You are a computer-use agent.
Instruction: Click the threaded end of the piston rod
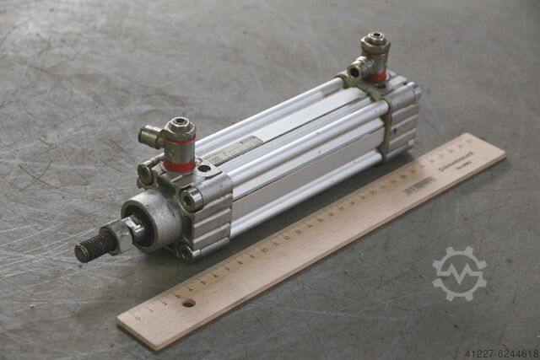pyautogui.click(x=92, y=248)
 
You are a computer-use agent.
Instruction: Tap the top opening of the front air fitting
pyautogui.click(x=180, y=126)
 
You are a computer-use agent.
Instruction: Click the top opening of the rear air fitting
pyautogui.click(x=375, y=40)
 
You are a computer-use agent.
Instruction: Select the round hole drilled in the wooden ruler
pyautogui.click(x=188, y=302)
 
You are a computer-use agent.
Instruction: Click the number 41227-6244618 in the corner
pyautogui.click(x=498, y=352)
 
